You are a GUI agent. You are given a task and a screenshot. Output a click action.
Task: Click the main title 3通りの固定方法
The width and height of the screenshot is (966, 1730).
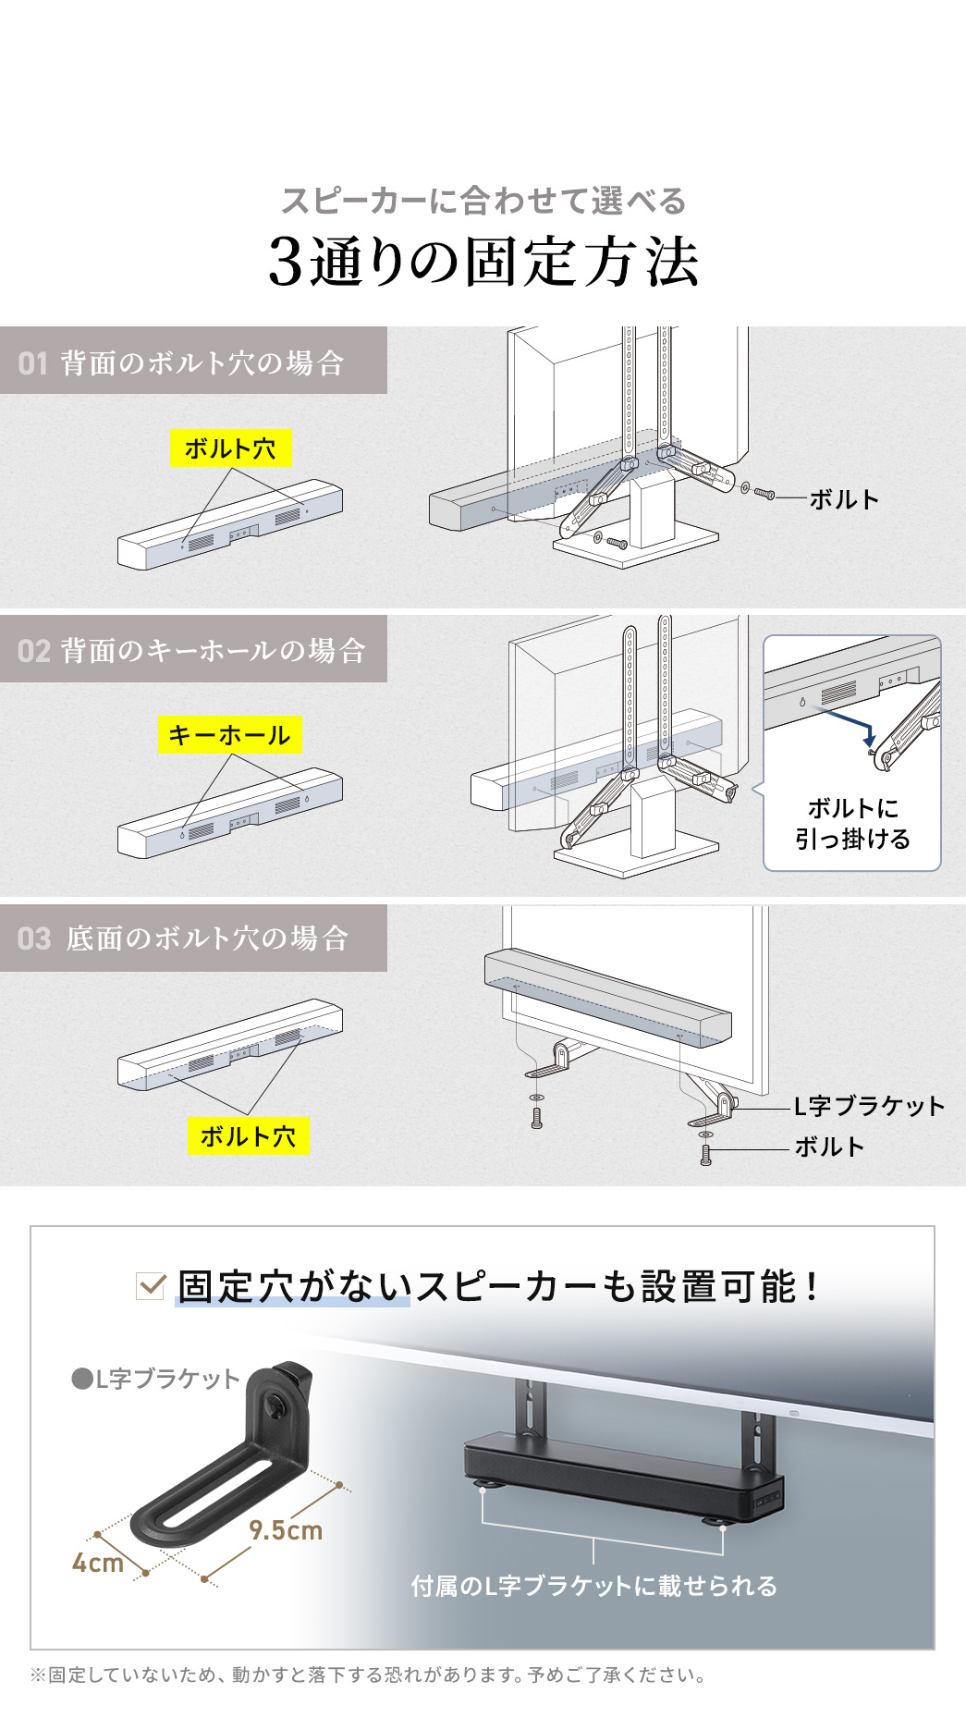483,263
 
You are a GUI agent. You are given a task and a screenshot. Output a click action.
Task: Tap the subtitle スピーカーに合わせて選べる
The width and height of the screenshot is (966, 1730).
483,201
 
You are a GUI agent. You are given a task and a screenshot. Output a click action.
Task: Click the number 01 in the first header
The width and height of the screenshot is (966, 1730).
32,362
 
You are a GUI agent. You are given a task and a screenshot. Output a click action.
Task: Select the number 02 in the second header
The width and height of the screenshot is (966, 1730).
33,651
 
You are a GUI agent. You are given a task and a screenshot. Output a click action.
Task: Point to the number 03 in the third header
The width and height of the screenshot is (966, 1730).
34,939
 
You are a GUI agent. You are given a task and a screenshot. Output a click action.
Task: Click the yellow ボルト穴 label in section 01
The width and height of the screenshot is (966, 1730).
230,448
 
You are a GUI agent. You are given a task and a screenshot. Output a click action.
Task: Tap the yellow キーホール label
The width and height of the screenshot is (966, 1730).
229,735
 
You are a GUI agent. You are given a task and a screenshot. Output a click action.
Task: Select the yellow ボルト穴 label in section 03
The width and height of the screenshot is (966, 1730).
248,1135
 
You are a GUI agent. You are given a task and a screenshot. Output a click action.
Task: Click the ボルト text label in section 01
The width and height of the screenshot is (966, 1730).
843,499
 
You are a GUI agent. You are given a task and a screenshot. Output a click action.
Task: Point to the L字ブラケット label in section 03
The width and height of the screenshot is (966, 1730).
869,1106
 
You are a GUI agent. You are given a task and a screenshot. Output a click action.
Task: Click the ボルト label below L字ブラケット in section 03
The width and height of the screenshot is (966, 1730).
829,1147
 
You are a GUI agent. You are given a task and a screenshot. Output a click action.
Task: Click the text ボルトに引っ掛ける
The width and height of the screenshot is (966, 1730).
852,823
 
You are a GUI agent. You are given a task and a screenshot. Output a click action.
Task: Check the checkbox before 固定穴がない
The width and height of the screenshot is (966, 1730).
151,1285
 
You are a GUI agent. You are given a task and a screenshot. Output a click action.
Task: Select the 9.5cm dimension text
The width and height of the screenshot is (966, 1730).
286,1530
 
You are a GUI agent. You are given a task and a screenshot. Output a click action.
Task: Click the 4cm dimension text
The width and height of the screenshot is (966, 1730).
98,1563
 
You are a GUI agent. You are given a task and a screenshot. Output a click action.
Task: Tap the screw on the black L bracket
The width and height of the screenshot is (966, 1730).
276,1407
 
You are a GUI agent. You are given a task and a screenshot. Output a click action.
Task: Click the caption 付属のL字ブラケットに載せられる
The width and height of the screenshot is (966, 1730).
593,1586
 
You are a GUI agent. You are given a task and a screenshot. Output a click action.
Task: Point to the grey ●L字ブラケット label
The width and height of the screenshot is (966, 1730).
155,1379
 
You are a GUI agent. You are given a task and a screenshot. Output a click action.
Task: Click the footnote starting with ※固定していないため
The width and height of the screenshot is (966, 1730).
369,1675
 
